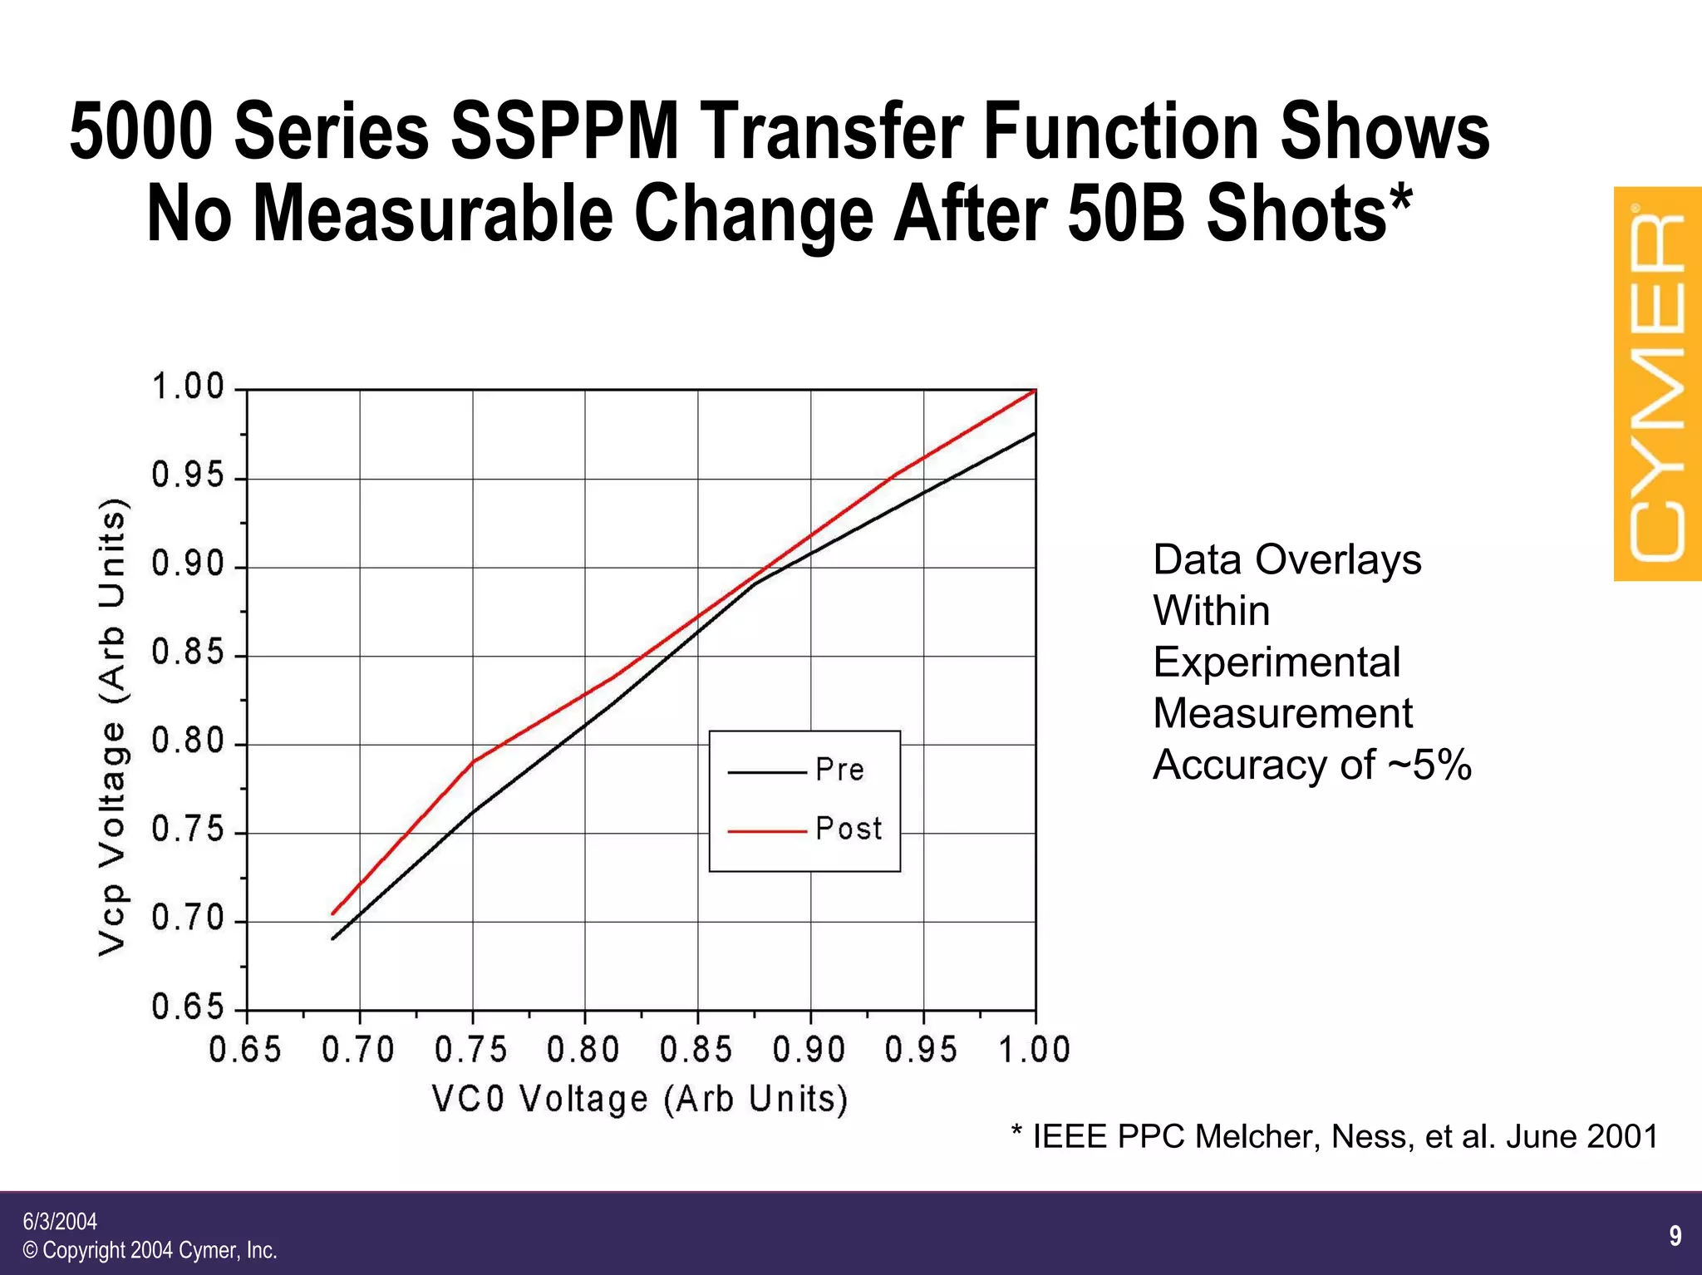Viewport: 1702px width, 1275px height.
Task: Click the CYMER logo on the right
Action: tap(1657, 384)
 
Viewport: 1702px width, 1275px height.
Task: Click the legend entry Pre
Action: tap(839, 770)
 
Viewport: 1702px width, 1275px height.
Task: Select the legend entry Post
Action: tap(848, 829)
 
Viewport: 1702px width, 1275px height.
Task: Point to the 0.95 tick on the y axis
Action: tap(189, 476)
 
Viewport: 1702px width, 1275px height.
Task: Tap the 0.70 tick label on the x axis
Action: tap(358, 1050)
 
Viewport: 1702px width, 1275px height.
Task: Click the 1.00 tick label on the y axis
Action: tap(189, 387)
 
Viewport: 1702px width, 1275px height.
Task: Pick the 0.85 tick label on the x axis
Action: tap(696, 1050)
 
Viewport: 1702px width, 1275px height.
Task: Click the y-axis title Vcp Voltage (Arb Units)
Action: tap(113, 727)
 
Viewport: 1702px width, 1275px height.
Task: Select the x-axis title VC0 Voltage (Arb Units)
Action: tap(640, 1099)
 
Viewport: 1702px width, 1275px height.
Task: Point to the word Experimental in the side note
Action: tap(1276, 662)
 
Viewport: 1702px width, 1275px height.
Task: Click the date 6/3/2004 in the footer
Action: tap(60, 1221)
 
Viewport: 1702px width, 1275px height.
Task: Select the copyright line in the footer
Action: tap(150, 1250)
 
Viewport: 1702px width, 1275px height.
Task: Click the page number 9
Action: tap(1675, 1236)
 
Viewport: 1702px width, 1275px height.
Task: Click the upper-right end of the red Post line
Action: tap(1034, 390)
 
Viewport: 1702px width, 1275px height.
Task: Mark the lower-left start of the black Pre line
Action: tap(332, 939)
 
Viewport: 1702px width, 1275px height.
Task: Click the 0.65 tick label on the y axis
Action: tap(189, 1007)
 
